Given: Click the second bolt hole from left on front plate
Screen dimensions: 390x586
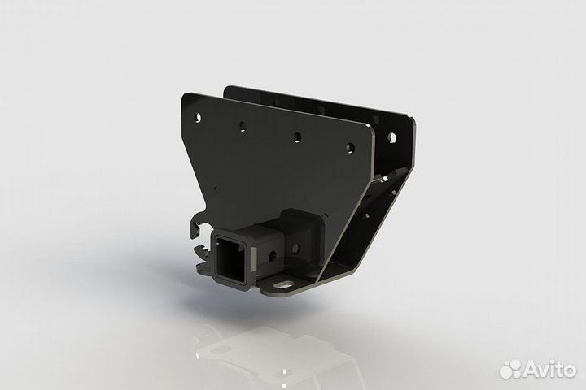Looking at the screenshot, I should click(242, 126).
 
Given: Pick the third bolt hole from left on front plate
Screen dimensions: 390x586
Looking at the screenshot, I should click(299, 136).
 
